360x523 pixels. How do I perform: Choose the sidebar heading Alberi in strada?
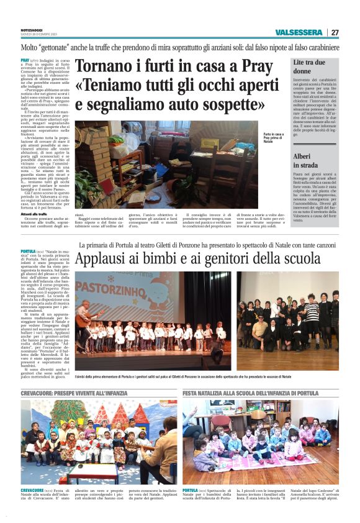(305, 161)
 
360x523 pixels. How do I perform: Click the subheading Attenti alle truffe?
(34, 214)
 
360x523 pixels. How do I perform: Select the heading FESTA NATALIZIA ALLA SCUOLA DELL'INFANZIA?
(250, 393)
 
